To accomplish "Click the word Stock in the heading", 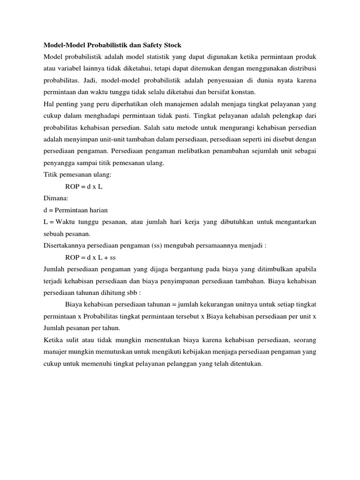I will pos(172,45).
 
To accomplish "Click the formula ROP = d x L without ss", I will pos(84,186).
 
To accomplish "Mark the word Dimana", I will pos(55,198).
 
